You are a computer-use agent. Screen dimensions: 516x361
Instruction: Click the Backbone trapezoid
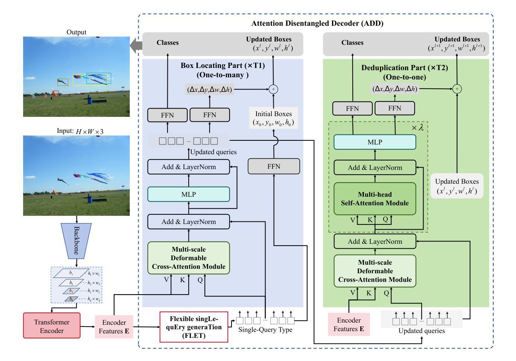76,240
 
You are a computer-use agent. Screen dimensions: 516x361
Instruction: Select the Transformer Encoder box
52,326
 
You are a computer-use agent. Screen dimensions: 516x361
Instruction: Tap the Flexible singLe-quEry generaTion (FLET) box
194,327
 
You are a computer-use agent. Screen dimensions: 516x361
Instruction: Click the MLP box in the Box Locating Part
189,194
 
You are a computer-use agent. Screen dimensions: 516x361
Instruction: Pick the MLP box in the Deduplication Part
375,142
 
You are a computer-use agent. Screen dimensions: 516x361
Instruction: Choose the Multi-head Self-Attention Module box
375,199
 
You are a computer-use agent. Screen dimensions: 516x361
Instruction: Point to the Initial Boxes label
273,118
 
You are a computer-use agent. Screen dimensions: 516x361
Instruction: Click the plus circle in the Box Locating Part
273,89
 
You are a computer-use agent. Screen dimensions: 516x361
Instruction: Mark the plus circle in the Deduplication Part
457,89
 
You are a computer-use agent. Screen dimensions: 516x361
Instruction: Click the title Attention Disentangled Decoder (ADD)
317,23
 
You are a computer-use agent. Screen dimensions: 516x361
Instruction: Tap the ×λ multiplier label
418,128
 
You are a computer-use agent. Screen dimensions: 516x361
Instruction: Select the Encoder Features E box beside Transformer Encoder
114,327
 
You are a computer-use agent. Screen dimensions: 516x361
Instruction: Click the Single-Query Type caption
265,330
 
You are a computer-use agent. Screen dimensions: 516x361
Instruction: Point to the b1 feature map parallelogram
71,273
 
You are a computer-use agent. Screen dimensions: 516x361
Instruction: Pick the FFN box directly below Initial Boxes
274,166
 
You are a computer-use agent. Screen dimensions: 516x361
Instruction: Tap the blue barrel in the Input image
89,198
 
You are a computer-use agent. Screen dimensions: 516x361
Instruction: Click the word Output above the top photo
76,32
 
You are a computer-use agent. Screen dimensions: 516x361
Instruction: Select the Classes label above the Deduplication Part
352,43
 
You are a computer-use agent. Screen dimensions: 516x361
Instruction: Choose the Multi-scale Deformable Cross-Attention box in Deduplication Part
375,271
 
